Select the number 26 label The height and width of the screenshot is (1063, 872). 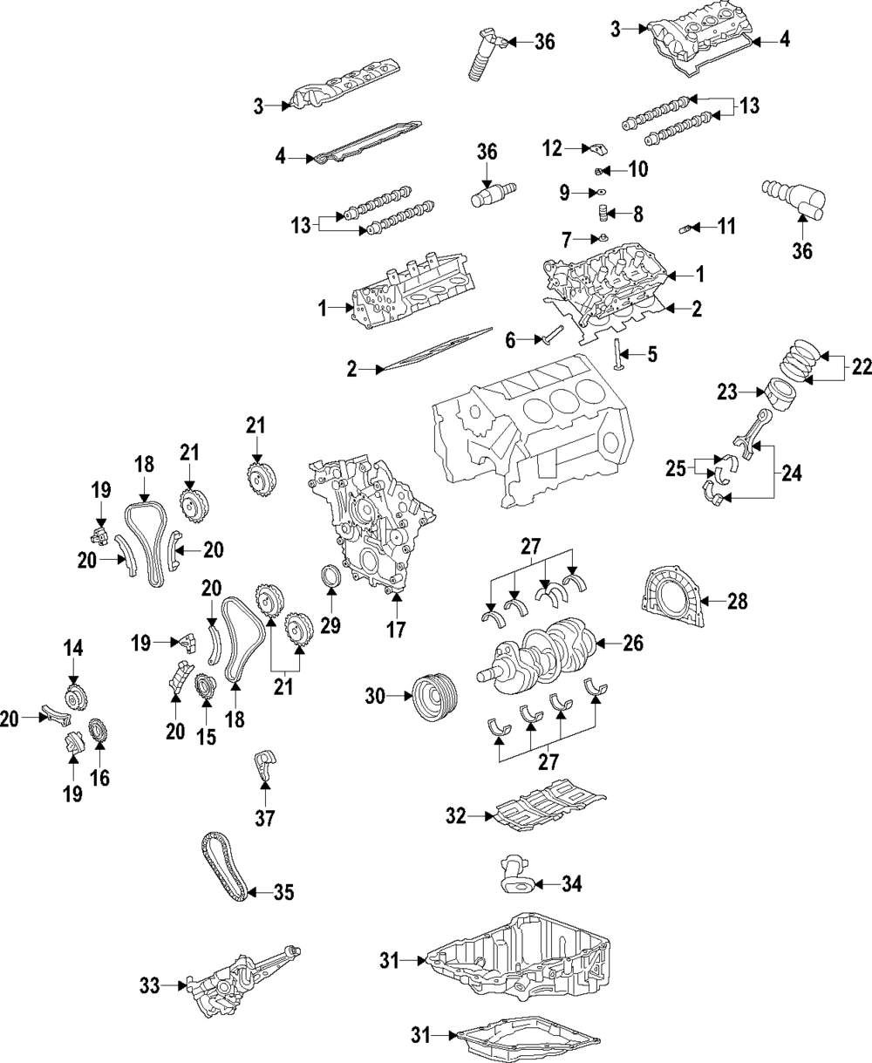coord(633,644)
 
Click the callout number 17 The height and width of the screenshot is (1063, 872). coord(397,629)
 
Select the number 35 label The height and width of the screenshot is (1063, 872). coord(284,892)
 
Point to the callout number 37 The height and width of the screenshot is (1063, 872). coord(263,818)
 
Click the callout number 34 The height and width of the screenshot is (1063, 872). coord(571,886)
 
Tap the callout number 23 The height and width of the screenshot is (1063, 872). coord(726,394)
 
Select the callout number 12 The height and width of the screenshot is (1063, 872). coord(553,149)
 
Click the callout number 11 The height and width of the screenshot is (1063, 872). coord(726,228)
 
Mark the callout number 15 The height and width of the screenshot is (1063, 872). coord(206,738)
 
